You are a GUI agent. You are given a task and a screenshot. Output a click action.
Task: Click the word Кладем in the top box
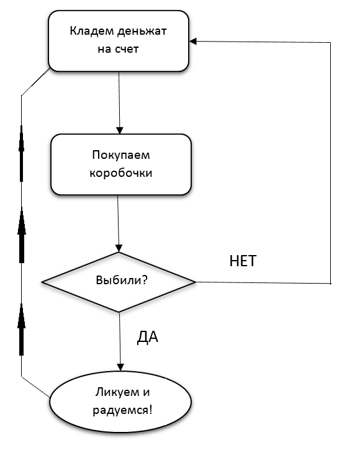coord(91,31)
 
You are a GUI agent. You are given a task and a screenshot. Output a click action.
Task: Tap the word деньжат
coord(142,31)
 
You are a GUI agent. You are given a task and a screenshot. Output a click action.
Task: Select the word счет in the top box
coord(127,49)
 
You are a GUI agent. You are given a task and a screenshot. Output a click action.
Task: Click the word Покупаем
coord(121,155)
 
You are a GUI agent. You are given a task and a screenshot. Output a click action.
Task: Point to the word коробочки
coord(121,173)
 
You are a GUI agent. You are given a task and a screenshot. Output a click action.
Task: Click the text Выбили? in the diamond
coord(122,280)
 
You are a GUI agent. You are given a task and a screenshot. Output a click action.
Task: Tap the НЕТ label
coord(243,261)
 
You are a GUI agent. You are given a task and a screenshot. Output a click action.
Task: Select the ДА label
coord(148,338)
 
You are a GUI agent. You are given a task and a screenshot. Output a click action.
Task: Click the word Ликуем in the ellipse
coord(116,392)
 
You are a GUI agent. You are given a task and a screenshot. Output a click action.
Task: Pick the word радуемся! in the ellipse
coord(122,410)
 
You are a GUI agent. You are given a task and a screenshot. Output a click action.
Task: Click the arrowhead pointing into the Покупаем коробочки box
coord(120,130)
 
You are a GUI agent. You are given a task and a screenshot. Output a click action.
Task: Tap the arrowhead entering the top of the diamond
coord(119,248)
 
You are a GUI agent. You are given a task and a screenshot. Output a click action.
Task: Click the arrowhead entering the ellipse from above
coord(120,367)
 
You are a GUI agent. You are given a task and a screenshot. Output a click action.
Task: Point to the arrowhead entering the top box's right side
coord(193,41)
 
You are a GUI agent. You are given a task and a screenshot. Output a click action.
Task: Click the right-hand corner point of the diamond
coord(195,282)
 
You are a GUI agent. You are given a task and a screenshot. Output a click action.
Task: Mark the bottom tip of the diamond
coord(119,312)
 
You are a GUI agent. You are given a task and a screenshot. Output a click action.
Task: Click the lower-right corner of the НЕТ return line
coord(330,284)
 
